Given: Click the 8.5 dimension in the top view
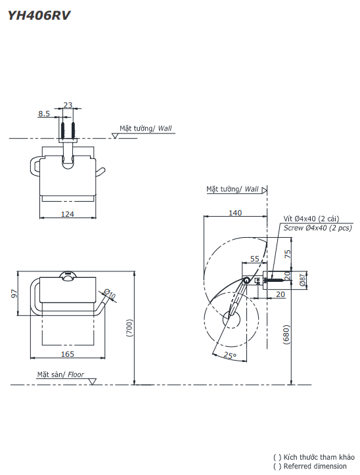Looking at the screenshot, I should tap(44, 114).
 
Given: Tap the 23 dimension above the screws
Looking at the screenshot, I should tap(68, 105).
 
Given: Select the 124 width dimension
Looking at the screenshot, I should tap(68, 214).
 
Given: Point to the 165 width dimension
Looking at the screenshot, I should tap(68, 354).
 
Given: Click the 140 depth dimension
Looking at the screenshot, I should tap(235, 212).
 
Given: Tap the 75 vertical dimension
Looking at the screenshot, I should tap(287, 254).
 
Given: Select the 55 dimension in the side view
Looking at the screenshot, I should tap(255, 259).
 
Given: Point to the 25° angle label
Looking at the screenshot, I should tap(229, 355).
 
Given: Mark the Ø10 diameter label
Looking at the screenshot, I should tap(109, 294).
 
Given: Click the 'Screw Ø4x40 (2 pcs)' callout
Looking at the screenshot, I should tap(317, 227).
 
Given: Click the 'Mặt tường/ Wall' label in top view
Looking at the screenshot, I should tap(145, 128).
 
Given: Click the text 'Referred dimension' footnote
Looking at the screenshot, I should tap(315, 466).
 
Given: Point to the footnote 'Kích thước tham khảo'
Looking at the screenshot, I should tap(319, 457).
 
